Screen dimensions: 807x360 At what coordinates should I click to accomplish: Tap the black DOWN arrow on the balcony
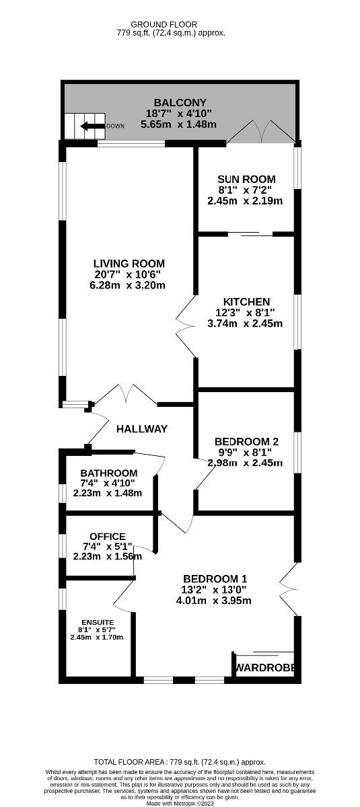coord(92,126)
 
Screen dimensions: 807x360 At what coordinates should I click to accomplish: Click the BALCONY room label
coord(178,102)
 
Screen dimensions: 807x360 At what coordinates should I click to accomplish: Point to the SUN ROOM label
coord(246,179)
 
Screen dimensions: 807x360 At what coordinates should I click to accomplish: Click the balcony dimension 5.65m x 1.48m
coord(178,124)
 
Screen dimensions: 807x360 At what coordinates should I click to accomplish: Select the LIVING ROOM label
coord(129,264)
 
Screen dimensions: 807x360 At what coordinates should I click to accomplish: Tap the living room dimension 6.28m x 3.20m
coord(129,285)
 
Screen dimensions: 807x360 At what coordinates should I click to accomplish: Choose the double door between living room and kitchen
coord(186,328)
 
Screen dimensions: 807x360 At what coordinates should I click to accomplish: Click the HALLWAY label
coord(141,428)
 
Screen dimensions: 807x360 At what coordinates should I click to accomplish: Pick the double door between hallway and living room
coord(126,395)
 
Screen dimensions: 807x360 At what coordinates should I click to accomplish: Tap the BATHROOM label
coord(108,473)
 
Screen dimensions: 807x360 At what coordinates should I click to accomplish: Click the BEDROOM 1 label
coord(215,578)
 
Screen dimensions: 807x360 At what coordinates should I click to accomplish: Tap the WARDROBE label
coord(264,668)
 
